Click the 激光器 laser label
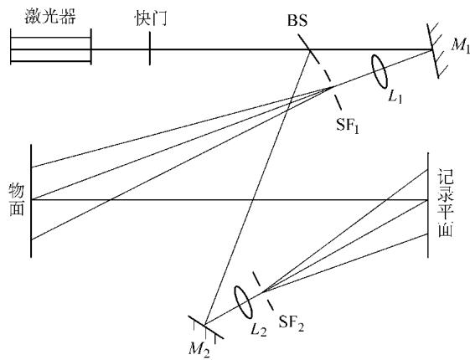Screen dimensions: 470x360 [50, 16]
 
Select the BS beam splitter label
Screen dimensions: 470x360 [297, 21]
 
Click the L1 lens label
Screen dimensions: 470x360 [395, 97]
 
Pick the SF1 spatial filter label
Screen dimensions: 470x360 [348, 125]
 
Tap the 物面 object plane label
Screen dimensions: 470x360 [17, 199]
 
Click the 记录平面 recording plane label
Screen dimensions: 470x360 [446, 203]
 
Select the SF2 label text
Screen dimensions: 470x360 [291, 323]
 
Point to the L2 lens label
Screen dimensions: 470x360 [259, 330]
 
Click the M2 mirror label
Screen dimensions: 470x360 [199, 349]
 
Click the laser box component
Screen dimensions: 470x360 [50, 47]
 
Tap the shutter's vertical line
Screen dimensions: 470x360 [150, 49]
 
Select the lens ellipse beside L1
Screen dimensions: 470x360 [380, 71]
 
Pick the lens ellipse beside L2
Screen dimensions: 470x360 [243, 301]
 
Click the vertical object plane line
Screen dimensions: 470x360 [31, 201]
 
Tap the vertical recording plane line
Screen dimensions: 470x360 [428, 205]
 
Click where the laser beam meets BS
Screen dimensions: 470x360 [310, 49]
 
